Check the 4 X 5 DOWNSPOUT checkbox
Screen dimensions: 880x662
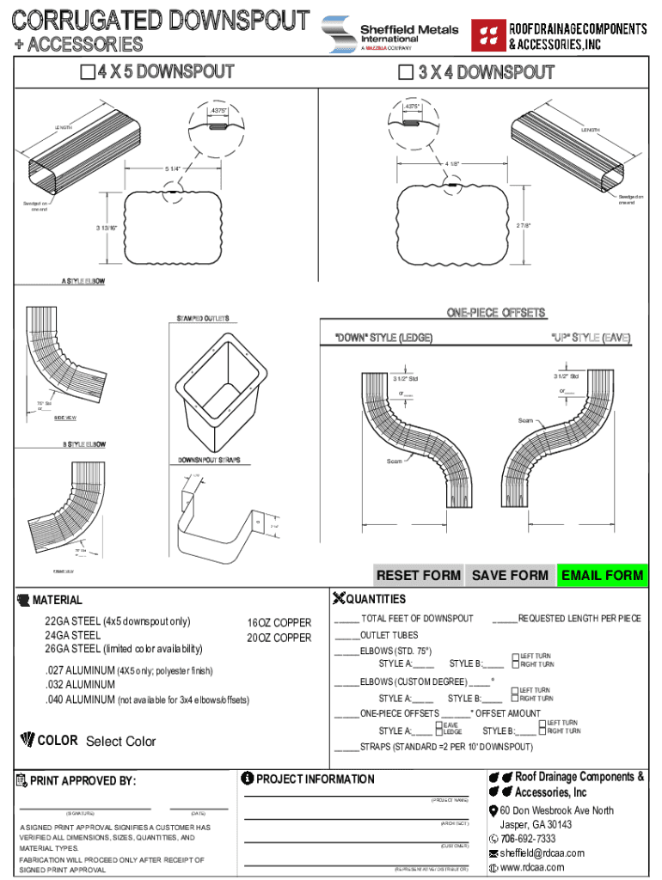click(x=87, y=72)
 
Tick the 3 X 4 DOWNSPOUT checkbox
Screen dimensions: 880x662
click(x=406, y=72)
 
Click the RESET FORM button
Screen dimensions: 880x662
click(x=418, y=575)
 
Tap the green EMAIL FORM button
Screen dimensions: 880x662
click(x=601, y=575)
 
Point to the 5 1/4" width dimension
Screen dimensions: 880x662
click(x=173, y=168)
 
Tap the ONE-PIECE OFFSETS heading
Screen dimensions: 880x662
click(x=496, y=313)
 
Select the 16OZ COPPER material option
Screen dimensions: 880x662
click(x=279, y=623)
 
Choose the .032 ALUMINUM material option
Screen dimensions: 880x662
click(x=81, y=685)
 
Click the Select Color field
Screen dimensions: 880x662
click(x=121, y=742)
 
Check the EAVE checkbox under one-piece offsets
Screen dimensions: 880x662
click(x=439, y=727)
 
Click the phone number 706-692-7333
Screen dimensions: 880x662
click(x=528, y=839)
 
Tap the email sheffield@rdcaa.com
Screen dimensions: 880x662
click(x=542, y=853)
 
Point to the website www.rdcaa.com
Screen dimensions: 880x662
click(x=535, y=868)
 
